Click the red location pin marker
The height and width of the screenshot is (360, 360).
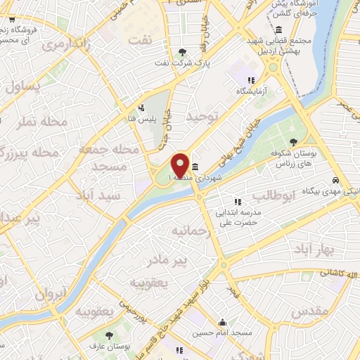click(x=180, y=165)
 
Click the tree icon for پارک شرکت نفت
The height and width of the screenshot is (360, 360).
click(x=183, y=52)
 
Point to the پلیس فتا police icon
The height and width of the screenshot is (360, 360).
click(x=142, y=108)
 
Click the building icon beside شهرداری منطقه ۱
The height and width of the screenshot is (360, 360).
click(x=194, y=167)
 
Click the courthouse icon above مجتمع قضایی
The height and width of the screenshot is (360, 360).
click(x=279, y=30)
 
